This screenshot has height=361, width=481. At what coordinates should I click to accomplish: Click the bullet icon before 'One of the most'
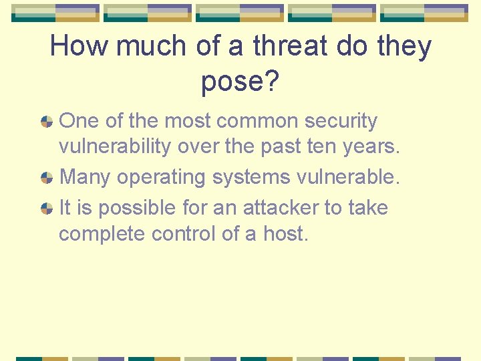coord(47,122)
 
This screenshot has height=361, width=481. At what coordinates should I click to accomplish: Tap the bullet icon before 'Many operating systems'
coord(47,178)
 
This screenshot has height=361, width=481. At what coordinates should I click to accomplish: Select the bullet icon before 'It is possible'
coord(47,208)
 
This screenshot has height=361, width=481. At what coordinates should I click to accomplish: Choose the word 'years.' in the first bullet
coord(371,147)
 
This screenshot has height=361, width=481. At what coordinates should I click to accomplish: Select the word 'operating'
coord(152,178)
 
